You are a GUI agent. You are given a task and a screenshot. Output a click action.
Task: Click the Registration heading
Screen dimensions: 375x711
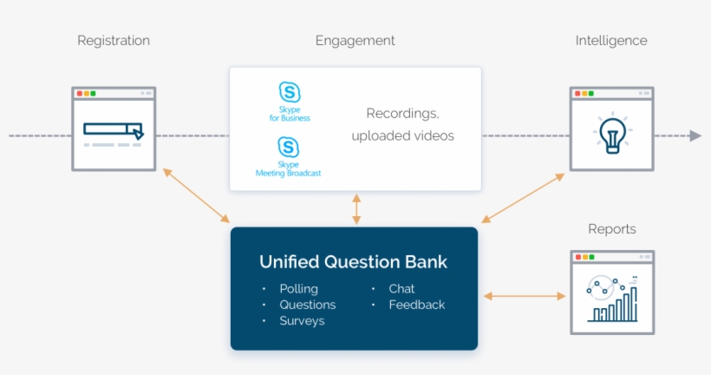click(114, 41)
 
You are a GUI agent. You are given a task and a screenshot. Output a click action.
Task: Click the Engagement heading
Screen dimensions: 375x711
click(355, 41)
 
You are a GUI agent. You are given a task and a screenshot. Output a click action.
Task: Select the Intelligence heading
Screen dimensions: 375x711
click(610, 41)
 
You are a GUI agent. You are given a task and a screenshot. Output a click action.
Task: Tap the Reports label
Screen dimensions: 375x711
click(611, 229)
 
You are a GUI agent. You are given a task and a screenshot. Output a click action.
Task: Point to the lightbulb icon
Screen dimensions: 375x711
click(611, 135)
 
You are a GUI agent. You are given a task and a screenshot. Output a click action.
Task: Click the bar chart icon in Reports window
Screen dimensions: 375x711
click(612, 299)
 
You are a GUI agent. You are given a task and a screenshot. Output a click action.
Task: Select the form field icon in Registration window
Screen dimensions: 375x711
click(114, 130)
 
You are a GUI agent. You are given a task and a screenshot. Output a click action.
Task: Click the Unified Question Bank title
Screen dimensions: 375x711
click(353, 262)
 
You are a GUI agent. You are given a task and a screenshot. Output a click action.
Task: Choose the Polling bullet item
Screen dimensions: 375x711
click(298, 288)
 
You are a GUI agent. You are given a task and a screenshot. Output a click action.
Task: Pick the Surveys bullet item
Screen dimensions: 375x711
click(302, 321)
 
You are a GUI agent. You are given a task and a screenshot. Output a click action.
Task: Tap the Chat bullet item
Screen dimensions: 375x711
click(401, 288)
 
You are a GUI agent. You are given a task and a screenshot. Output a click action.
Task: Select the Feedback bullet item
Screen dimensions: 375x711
click(416, 305)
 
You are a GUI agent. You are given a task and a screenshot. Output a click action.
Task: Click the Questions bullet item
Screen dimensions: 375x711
click(307, 305)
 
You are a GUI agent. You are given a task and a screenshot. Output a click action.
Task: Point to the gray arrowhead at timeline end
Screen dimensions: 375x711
click(695, 135)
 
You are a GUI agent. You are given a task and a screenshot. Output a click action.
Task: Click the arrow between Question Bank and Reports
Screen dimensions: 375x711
click(524, 297)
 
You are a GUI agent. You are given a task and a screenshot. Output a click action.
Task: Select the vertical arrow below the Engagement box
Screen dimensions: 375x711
click(355, 209)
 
